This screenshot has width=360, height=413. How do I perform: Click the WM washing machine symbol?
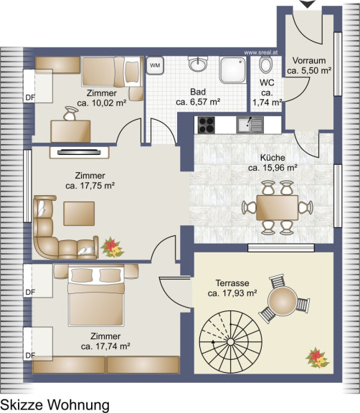tap(155, 65)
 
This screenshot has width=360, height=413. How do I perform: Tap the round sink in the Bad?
tap(198, 64)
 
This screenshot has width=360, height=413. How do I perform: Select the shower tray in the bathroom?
tap(233, 70)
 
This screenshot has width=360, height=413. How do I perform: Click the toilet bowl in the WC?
tap(265, 65)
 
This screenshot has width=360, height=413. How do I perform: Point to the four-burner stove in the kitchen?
tap(206, 125)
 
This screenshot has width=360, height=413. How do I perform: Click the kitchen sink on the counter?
tap(250, 125)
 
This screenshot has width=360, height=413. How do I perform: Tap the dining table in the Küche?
tap(278, 207)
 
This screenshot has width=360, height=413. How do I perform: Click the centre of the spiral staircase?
tap(230, 341)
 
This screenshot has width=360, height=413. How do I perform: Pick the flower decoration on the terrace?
tap(317, 357)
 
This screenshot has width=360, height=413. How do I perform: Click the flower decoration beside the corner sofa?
tap(113, 247)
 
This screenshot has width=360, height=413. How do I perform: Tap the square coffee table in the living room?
tap(79, 214)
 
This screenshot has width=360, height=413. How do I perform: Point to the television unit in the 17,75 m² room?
tap(80, 153)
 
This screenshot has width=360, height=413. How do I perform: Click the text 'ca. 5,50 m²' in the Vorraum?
tap(309, 70)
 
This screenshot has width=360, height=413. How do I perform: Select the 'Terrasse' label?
tap(232, 283)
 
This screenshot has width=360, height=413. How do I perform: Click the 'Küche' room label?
tap(273, 158)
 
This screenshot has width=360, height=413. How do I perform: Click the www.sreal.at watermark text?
tap(261, 52)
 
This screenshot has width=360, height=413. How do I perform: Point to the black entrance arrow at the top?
tap(308, 4)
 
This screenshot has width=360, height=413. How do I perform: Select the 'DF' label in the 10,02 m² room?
tap(30, 98)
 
